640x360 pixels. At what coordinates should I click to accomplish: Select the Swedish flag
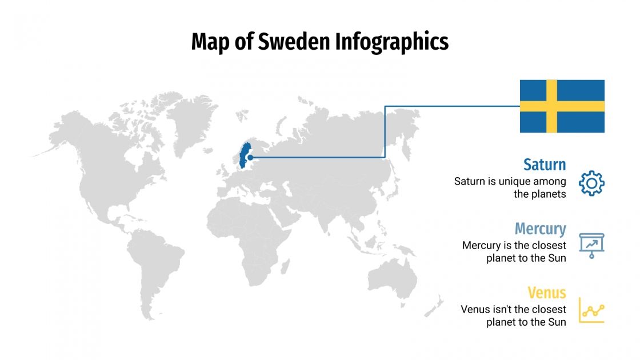[562, 106]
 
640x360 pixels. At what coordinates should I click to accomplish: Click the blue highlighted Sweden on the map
[246, 150]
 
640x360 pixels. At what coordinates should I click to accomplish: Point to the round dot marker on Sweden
[250, 157]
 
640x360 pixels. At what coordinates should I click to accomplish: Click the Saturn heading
[544, 165]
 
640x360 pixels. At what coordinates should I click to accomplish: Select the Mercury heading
[540, 229]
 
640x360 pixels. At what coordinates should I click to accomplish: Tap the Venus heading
[546, 293]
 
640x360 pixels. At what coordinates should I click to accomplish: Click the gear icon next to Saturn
[591, 183]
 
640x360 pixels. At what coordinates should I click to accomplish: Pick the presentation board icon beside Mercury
[591, 245]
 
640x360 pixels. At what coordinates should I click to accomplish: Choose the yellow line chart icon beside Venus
[591, 310]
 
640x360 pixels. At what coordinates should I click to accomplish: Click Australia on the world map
[394, 281]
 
